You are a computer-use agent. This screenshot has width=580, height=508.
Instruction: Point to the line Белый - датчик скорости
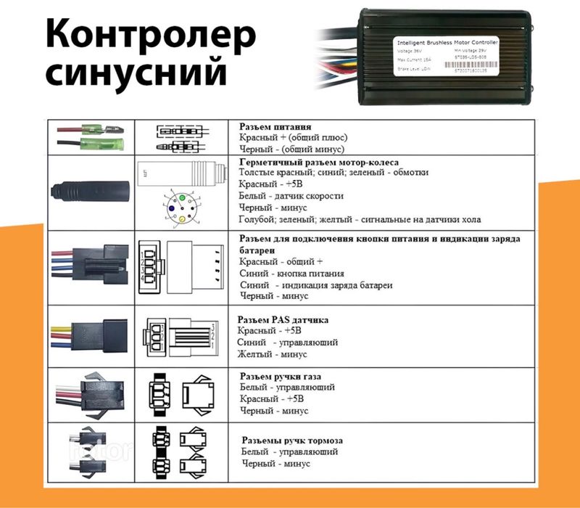(291, 196)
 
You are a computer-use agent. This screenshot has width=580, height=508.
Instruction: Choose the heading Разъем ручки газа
(280, 376)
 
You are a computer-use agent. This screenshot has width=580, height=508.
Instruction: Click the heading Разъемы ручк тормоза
(291, 440)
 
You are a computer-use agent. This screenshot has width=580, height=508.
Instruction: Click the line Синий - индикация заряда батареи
(316, 285)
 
